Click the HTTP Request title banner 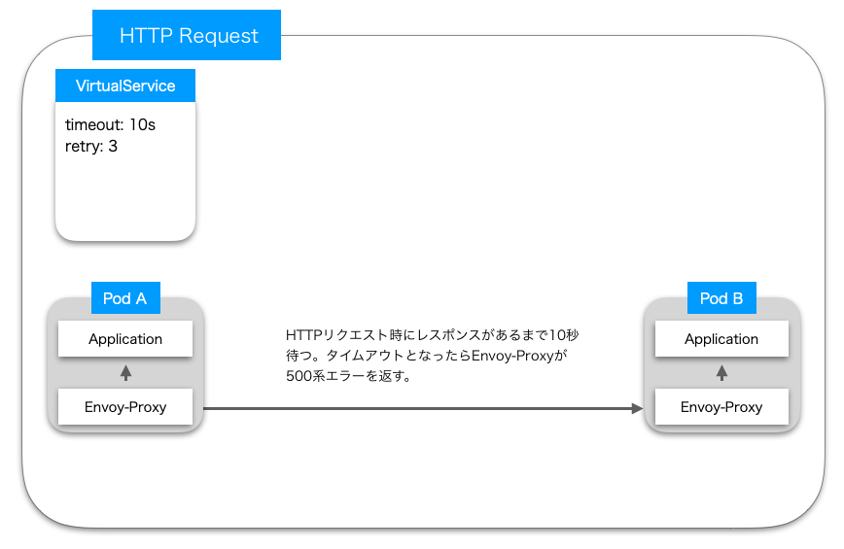(x=187, y=36)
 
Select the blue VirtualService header (x=125, y=86)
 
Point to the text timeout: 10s (x=110, y=125)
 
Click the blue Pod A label (x=124, y=298)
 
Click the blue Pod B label (x=721, y=298)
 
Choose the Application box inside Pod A (x=125, y=339)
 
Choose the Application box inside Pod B (x=721, y=339)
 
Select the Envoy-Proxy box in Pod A (x=125, y=407)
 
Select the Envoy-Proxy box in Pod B (x=721, y=407)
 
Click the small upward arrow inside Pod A (x=125, y=373)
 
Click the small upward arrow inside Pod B (x=721, y=373)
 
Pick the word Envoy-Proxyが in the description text (x=519, y=356)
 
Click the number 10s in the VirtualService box (x=142, y=125)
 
